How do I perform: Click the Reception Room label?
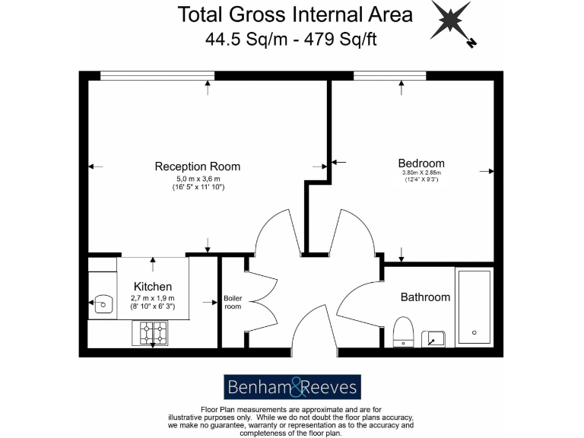click(x=197, y=167)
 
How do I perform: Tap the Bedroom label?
click(x=421, y=163)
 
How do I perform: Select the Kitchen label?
click(x=152, y=286)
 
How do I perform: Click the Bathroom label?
click(x=425, y=297)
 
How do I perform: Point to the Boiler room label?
click(x=232, y=302)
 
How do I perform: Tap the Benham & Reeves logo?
click(x=292, y=387)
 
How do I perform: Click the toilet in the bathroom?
click(x=403, y=332)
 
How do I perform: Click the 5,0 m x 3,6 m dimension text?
click(x=198, y=179)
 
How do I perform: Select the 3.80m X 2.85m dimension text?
click(x=421, y=173)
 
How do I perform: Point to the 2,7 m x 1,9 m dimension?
click(x=152, y=298)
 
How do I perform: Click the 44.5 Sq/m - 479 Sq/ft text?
click(x=290, y=39)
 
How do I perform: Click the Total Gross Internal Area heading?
click(x=295, y=14)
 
